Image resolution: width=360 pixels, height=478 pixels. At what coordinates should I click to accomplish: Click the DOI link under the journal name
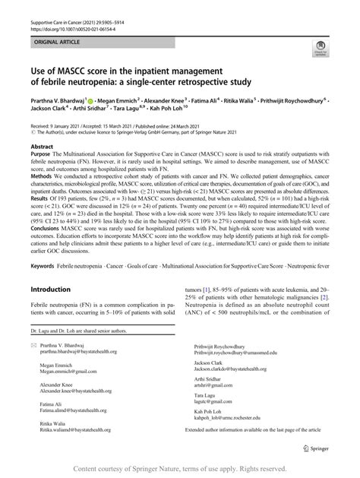click(64, 16)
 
